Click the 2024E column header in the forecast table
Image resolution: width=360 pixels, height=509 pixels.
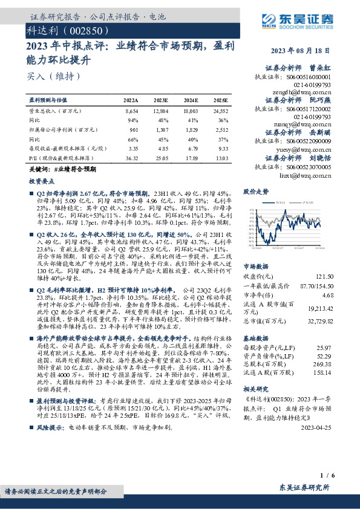[191, 100]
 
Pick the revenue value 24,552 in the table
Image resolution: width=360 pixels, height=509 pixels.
[220, 112]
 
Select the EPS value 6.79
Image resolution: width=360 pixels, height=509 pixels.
[191, 148]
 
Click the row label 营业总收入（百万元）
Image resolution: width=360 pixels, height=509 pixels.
[51, 112]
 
